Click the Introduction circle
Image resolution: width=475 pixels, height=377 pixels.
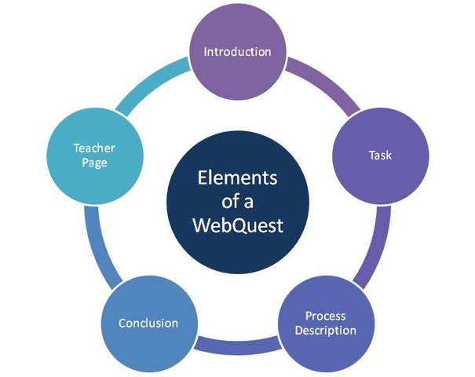237,52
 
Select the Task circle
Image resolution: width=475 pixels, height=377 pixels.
380,155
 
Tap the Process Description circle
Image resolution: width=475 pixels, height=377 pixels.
325,323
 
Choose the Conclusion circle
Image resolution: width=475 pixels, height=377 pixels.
148,323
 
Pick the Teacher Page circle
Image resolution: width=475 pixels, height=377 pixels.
94,155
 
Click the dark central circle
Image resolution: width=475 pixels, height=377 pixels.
237,202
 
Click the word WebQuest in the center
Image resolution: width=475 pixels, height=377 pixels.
237,226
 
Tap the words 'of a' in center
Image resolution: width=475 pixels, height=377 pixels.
237,202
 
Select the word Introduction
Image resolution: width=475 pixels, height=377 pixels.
237,52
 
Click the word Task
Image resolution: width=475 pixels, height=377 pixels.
380,155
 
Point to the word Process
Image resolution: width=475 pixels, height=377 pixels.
325,316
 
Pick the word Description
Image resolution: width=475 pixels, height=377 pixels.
325,330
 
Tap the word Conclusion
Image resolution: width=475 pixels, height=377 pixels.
148,323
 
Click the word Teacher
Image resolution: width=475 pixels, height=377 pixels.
94,147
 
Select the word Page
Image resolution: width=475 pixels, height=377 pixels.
94,163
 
